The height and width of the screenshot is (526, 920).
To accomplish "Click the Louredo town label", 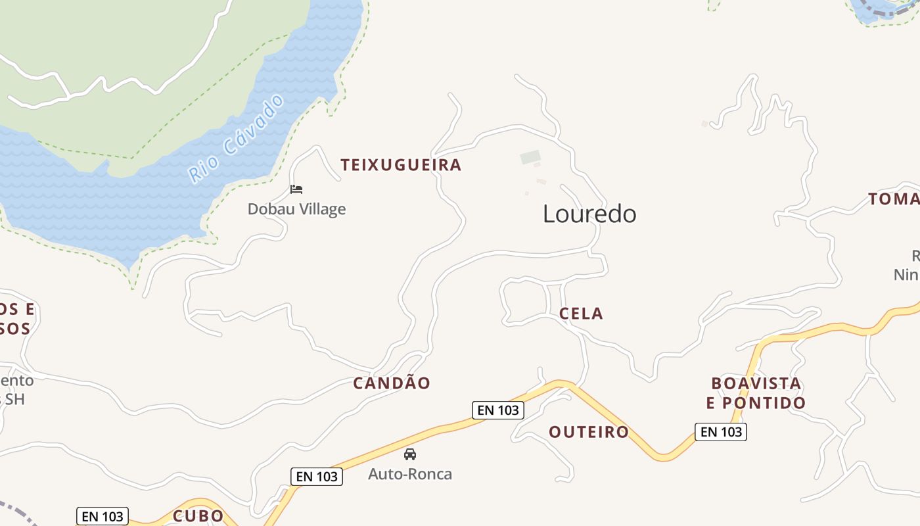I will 589,214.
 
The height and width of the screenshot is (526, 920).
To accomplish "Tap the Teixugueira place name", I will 401,165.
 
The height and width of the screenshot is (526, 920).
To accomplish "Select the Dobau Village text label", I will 296,209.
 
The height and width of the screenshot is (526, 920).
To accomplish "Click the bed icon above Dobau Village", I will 296,189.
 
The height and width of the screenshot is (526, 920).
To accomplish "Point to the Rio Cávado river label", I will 237,139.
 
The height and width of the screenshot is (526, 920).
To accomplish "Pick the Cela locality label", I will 581,314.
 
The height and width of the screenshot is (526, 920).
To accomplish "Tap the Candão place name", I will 392,383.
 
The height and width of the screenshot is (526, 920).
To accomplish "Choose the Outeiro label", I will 589,432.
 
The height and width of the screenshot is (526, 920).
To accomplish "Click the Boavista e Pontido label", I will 756,393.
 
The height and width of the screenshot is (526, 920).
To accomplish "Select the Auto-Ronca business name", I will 410,474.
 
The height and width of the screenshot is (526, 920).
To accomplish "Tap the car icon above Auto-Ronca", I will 410,454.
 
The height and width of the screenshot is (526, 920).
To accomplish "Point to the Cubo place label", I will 198,516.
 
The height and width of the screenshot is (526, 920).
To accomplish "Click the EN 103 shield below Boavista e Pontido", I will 721,432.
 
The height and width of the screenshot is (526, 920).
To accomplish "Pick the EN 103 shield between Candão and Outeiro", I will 498,410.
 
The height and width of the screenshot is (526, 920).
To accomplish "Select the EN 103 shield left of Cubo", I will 103,517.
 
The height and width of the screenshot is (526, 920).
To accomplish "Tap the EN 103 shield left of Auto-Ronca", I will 317,477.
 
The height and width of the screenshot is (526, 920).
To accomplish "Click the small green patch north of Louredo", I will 530,157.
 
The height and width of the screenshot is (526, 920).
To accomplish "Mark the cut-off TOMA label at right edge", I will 894,199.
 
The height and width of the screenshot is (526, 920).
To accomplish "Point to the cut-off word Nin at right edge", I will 906,274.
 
